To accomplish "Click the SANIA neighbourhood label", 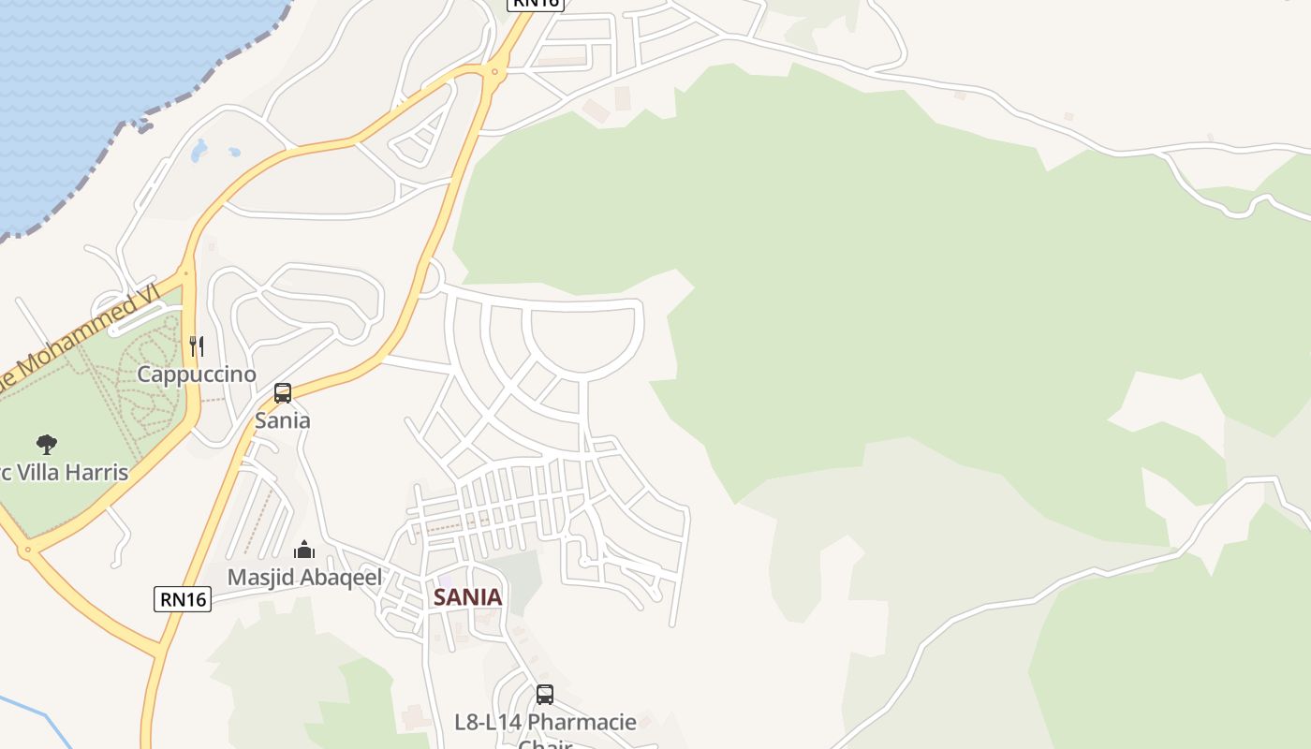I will pos(467,597).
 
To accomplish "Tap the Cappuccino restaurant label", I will pos(197,374).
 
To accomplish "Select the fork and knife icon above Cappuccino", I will pos(197,346).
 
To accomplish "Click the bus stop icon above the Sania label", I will pos(283,393).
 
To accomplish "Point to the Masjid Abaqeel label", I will pos(304,578).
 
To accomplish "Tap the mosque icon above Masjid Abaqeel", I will pos(304,549).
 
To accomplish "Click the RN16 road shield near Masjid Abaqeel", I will pos(183,599).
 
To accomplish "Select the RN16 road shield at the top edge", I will pos(535,4).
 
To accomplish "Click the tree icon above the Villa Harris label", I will pos(46,444).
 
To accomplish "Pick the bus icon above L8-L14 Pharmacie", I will pos(545,695).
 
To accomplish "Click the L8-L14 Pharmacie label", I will pos(545,723).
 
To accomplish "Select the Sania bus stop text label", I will pos(283,420).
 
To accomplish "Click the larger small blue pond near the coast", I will pos(199,150).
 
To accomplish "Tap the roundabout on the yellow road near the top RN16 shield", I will pos(494,71).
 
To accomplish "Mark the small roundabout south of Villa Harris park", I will pos(28,551).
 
